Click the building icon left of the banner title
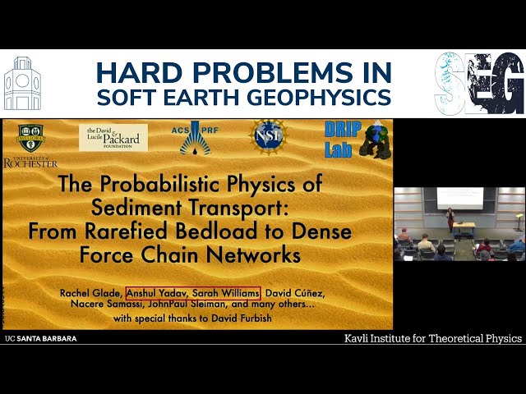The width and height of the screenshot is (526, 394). click(22, 83)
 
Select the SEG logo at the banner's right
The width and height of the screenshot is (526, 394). click(479, 83)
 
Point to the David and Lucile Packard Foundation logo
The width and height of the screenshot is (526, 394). click(113, 137)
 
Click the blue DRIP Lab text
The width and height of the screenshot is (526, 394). click(335, 138)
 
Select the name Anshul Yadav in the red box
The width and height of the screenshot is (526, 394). click(158, 292)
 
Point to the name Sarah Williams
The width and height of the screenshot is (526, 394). click(227, 292)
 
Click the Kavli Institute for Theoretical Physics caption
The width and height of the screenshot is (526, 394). click(433, 338)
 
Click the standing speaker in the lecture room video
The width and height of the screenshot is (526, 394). click(450, 219)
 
